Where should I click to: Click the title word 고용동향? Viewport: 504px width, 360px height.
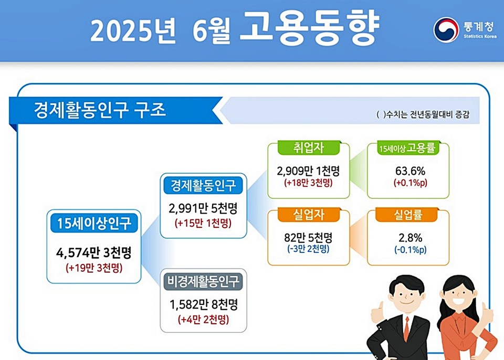[308, 29]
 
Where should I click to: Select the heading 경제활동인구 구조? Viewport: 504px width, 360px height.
[100, 110]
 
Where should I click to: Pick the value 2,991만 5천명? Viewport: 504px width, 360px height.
[204, 209]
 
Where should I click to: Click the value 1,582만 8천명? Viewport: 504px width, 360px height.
[204, 304]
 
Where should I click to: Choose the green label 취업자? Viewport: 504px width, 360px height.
[309, 149]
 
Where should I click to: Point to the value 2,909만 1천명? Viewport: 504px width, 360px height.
[309, 171]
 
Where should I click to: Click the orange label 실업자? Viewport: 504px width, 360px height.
[309, 215]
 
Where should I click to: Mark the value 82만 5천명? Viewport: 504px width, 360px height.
[309, 237]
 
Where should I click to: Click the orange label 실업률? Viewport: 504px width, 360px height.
[408, 215]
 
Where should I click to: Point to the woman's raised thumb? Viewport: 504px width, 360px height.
[487, 313]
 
